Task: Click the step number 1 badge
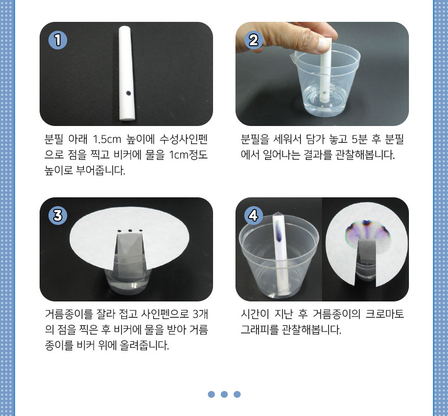[58, 40]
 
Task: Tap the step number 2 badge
[254, 40]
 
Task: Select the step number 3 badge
[58, 215]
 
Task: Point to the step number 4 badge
[254, 215]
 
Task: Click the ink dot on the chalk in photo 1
[129, 93]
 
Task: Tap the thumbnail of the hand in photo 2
[323, 45]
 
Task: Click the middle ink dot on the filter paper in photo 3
[130, 231]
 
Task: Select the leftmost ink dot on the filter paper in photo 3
[119, 231]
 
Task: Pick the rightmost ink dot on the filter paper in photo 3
[141, 230]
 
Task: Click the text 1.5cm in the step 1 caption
[107, 140]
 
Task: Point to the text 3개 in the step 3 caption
[200, 314]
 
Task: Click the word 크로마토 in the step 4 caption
[384, 314]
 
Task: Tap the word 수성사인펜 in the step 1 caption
[183, 140]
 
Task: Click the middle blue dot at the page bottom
[225, 394]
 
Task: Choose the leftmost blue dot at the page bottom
[211, 394]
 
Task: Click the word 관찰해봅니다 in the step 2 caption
[365, 155]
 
